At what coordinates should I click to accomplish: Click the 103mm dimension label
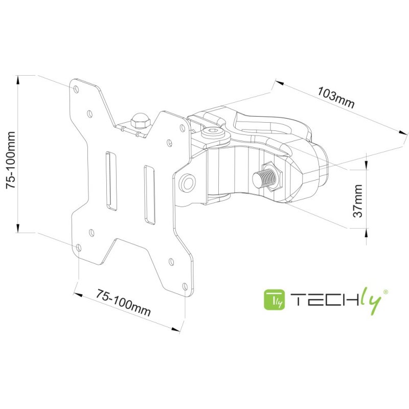coord(336,98)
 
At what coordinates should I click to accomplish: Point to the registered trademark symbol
coord(385,291)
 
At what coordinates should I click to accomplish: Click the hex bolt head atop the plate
coord(138,121)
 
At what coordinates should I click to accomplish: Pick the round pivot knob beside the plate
coord(188,183)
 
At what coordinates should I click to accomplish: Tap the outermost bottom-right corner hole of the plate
coord(185,286)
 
